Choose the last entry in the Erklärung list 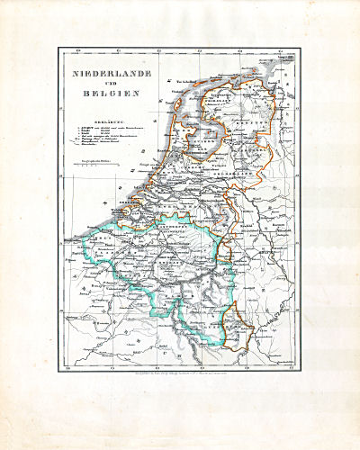(x=94, y=155)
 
